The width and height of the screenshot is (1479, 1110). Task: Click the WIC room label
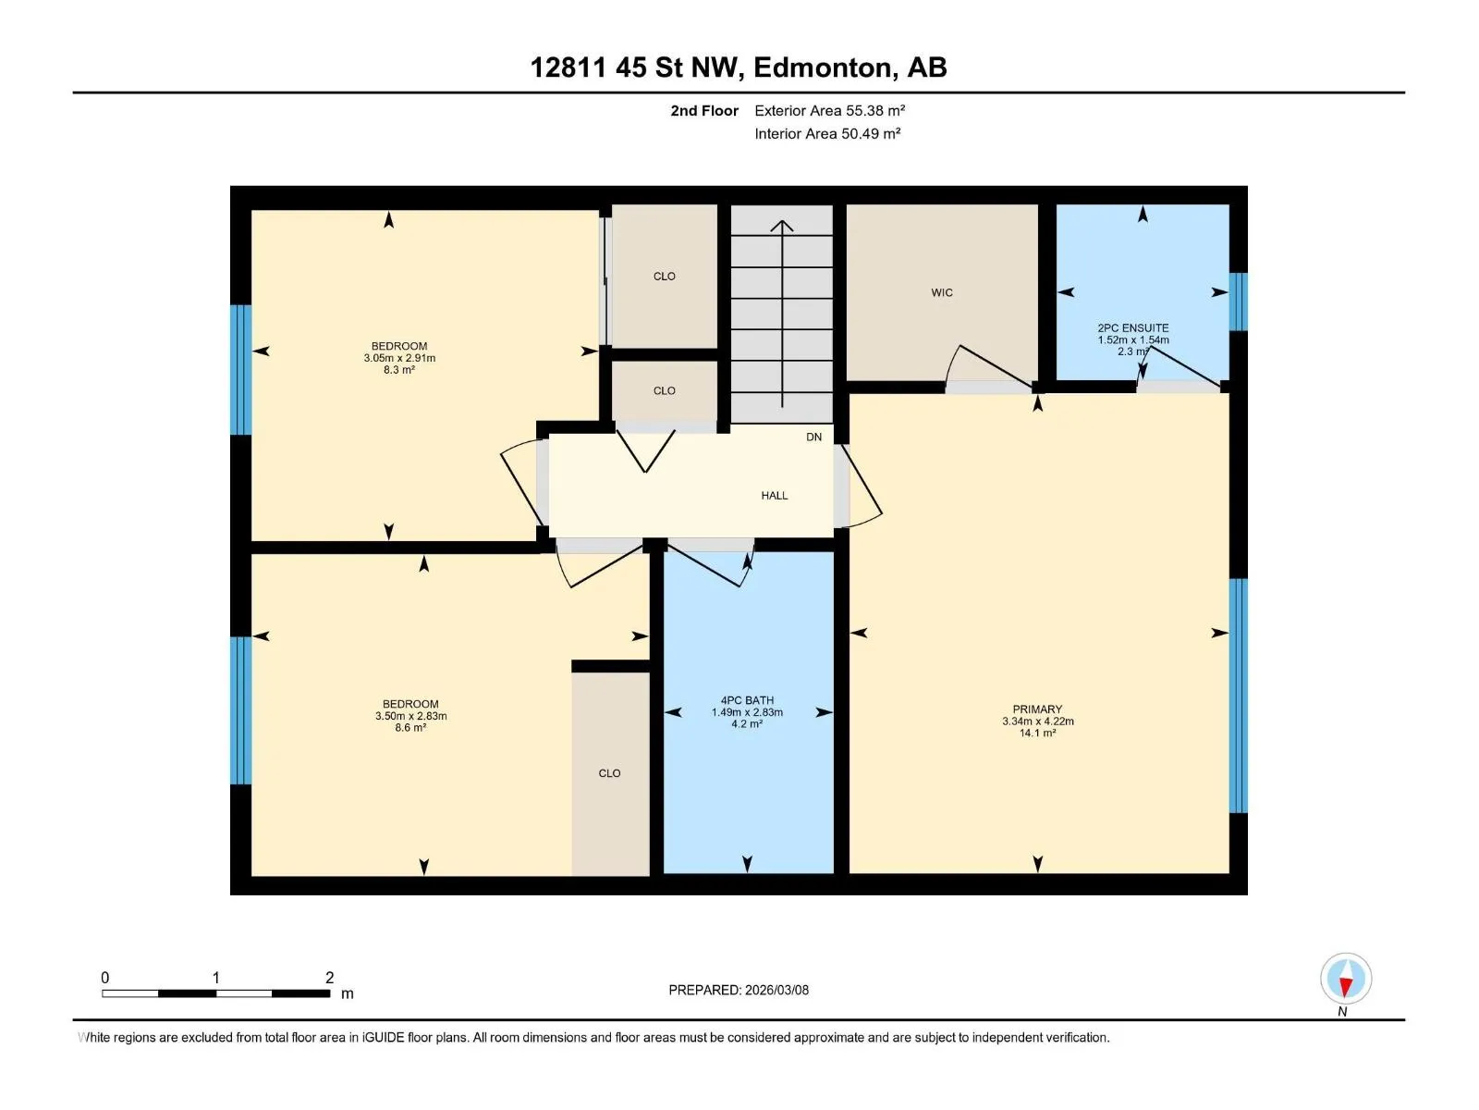(x=941, y=292)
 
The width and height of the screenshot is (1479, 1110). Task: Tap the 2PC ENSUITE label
(x=1132, y=328)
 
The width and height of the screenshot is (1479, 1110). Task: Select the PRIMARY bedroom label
(x=1037, y=709)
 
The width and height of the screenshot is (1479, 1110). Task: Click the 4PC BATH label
(x=747, y=700)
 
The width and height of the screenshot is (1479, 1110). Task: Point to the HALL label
(x=775, y=496)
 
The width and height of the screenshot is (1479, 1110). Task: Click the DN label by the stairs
(x=813, y=437)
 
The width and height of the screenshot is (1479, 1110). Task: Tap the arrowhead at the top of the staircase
(x=782, y=225)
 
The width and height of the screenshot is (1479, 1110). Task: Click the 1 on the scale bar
(x=215, y=977)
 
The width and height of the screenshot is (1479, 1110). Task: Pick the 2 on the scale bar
(x=329, y=977)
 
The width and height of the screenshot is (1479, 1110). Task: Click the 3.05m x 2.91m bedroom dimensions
(x=399, y=358)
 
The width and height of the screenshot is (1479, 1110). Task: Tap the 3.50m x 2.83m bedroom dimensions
(x=410, y=716)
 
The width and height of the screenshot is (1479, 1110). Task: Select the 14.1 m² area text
(x=1037, y=733)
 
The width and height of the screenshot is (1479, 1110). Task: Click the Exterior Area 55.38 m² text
(x=829, y=110)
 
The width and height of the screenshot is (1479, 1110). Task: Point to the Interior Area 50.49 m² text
(x=827, y=133)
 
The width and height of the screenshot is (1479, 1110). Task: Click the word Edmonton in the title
(x=825, y=68)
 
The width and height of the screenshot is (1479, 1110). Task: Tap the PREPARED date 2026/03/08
(x=776, y=990)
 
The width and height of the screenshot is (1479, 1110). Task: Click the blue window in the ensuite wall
(x=1238, y=302)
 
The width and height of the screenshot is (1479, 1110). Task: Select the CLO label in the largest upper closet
(x=664, y=277)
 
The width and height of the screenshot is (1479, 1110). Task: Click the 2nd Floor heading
(x=704, y=110)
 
